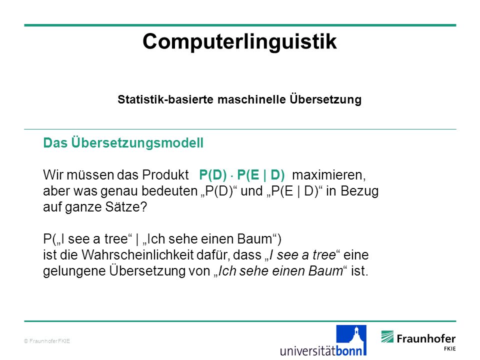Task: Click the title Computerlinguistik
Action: pos(239,41)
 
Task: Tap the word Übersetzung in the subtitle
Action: pos(325,99)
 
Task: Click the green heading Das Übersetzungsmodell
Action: pos(123,143)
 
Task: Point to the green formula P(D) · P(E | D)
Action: pos(242,175)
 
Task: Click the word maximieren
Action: pos(329,175)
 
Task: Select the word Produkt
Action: pos(165,175)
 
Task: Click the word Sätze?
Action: pos(126,207)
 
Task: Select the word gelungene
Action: pos(74,271)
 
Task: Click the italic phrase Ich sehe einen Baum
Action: pos(280,271)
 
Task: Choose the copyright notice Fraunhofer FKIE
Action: pos(47,341)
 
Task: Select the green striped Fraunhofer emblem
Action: pos(387,336)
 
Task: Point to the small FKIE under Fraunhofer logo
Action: pos(449,348)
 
